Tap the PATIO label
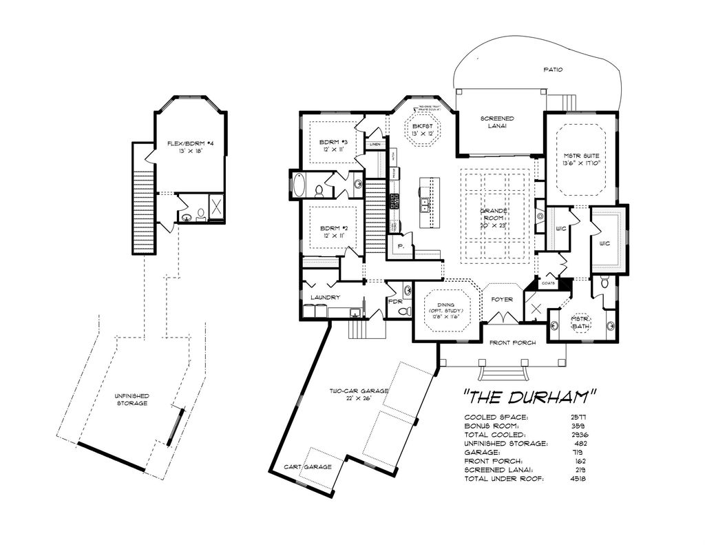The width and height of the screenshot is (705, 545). (x=552, y=70)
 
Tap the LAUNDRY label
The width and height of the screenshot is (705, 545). (x=325, y=297)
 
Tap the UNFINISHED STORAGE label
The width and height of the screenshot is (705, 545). (x=131, y=399)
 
